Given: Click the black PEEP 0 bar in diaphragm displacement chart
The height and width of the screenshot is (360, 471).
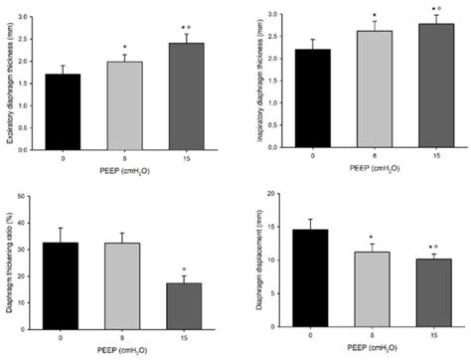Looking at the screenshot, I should tap(311, 278).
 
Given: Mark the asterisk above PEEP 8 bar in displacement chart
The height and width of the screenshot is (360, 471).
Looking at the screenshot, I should tap(368, 237).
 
